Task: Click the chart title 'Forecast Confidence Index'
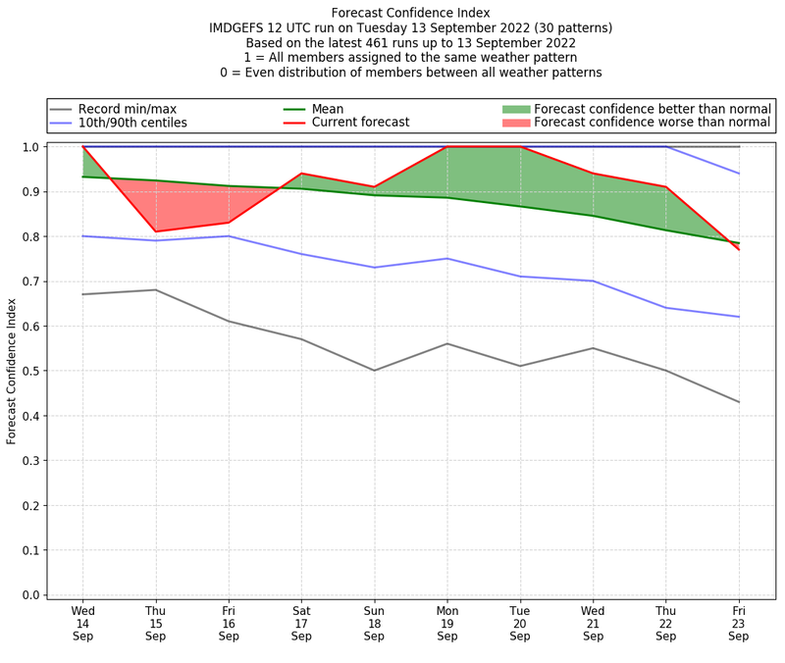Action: coord(410,13)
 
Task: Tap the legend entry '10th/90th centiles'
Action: coord(132,123)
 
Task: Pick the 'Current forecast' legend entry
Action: coord(360,123)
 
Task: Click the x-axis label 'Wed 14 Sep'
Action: coord(83,622)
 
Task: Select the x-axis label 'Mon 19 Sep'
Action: coord(447,622)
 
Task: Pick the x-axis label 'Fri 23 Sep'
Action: coord(739,622)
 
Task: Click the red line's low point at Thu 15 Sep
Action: coord(155,231)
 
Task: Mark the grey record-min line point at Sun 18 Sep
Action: coord(375,371)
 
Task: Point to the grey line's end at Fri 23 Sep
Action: coord(739,402)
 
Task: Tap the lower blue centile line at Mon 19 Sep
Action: coord(447,259)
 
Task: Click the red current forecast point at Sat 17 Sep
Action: coord(301,174)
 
